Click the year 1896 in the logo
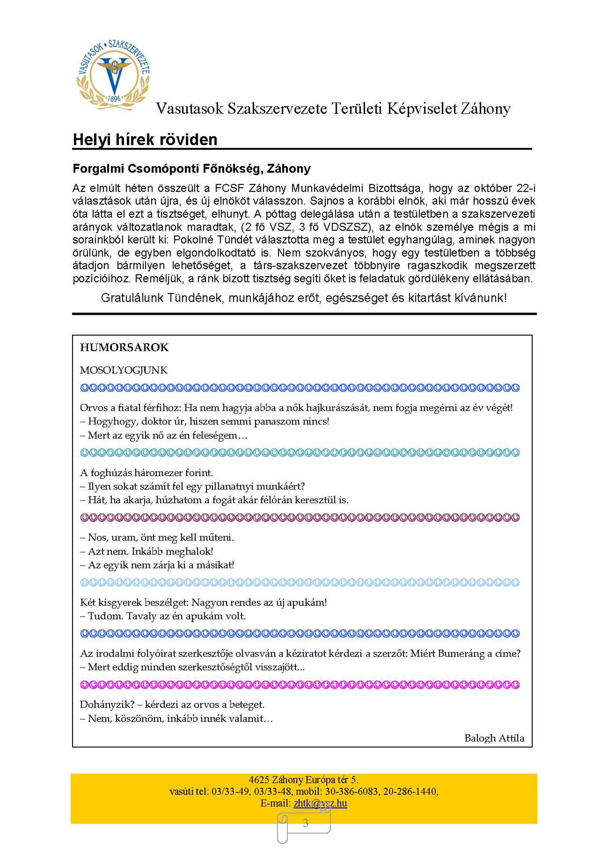pos(114,98)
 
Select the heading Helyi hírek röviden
pos(145,140)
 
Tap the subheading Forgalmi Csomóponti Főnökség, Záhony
pos(191,169)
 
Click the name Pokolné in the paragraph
pos(193,240)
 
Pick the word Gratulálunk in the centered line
pos(132,298)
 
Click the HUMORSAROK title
pos(124,347)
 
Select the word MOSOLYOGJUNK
pos(124,370)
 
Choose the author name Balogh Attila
pos(494,738)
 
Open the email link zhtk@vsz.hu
pos(320,803)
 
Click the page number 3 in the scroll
pos(306,823)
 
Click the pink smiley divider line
pos(300,685)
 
